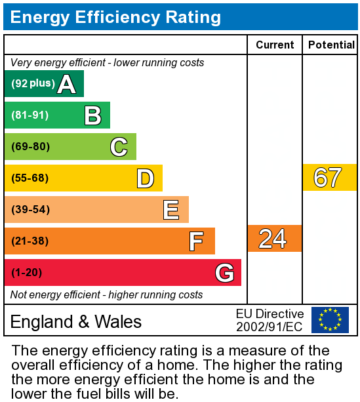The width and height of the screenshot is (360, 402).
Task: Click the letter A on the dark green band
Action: [x=66, y=84]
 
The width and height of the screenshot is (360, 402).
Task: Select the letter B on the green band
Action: [x=92, y=115]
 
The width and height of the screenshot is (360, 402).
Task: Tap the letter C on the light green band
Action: [x=119, y=147]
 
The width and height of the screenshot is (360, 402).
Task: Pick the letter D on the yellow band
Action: [x=145, y=178]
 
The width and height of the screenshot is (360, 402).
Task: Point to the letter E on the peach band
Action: [x=171, y=210]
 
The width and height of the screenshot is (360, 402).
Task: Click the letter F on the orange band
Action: [x=196, y=241]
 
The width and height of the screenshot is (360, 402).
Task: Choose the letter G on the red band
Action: [x=224, y=272]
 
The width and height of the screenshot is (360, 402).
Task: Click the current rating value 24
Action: [x=273, y=239]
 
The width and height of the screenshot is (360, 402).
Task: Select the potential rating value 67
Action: [x=328, y=178]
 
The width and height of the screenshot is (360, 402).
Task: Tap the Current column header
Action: [x=275, y=45]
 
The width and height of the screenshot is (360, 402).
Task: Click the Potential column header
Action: [x=331, y=45]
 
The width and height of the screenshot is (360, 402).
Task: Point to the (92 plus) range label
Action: [x=33, y=84]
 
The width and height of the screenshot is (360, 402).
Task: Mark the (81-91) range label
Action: [x=30, y=115]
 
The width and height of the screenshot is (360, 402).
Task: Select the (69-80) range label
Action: [x=30, y=147]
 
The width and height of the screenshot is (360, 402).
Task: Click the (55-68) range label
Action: [x=30, y=178]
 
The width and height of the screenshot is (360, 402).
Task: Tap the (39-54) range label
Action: [x=30, y=210]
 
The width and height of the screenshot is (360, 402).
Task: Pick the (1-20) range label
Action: [x=28, y=272]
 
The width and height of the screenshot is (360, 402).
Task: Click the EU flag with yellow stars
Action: [x=330, y=320]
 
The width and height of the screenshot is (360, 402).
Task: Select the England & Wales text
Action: [x=76, y=321]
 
